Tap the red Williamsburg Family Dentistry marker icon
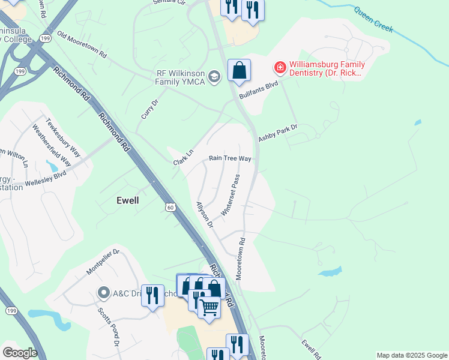pyautogui.click(x=280, y=67)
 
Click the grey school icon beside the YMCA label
pyautogui.click(x=215, y=76)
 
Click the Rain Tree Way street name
pyautogui.click(x=229, y=158)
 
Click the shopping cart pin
pyautogui.click(x=209, y=308)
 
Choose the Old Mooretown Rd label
pyautogui.click(x=82, y=45)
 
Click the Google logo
pyautogui.click(x=20, y=353)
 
